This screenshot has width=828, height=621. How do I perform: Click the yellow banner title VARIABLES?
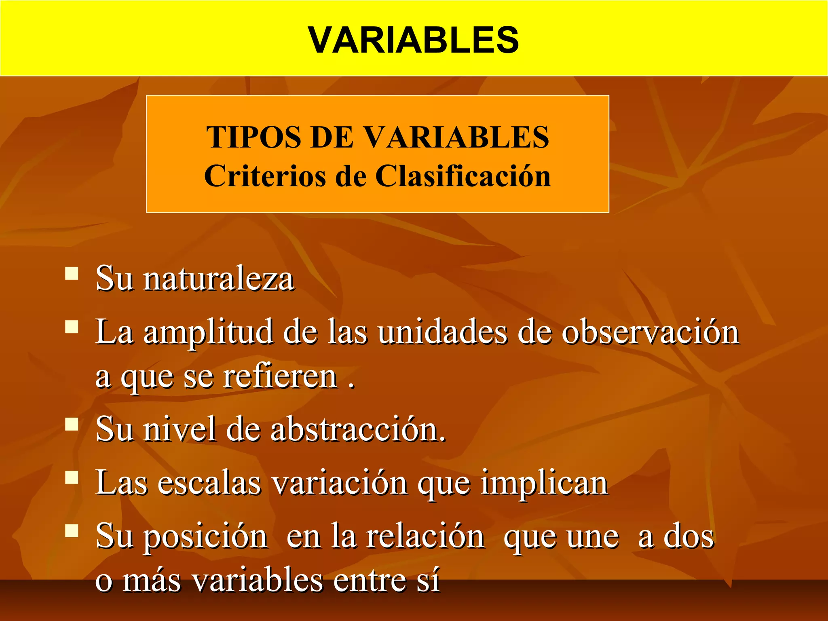click(413, 40)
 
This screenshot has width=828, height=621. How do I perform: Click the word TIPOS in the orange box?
click(254, 137)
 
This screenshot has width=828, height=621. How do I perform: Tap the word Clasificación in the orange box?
click(463, 176)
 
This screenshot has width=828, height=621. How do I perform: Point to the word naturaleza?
click(219, 279)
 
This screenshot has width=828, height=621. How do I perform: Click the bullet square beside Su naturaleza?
click(72, 273)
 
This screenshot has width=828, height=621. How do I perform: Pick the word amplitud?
click(208, 332)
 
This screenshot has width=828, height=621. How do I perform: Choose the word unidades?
click(442, 332)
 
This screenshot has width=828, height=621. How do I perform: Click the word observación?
click(651, 332)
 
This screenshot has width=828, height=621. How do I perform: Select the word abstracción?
click(358, 429)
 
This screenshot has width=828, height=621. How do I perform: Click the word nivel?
click(180, 429)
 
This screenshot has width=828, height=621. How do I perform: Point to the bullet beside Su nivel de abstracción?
click(72, 424)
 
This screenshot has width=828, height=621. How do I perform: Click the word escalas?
click(209, 483)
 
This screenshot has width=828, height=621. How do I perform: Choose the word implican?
click(544, 483)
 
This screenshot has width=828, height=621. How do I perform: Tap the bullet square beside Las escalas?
click(72, 477)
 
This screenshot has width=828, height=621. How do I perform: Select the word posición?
click(205, 537)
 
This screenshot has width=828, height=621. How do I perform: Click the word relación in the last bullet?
click(425, 537)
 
